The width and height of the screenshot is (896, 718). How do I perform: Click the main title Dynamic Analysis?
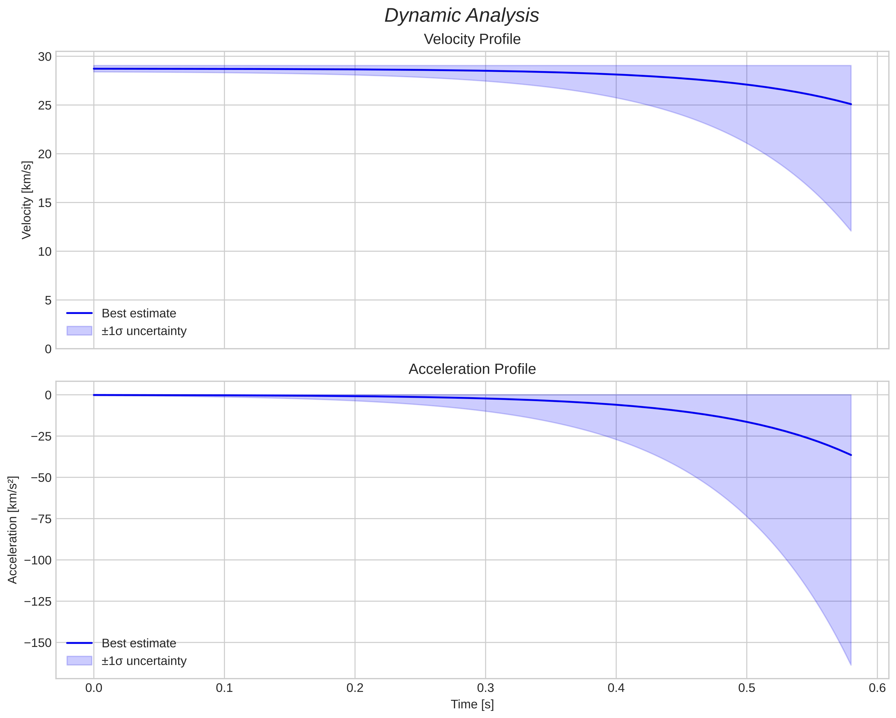coord(462,16)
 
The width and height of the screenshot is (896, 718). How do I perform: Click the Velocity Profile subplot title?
coord(472,39)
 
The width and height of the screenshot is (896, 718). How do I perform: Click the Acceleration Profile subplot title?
coord(472,369)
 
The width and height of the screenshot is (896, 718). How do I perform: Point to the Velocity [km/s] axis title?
coord(27,200)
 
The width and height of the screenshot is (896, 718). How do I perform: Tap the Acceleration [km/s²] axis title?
coord(13,530)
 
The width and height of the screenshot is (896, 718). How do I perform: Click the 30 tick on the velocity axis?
coord(45,57)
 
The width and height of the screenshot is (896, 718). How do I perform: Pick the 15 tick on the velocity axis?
coord(45,203)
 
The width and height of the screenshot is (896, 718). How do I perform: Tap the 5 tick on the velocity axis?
coord(48,300)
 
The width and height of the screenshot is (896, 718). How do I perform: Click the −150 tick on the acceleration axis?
coord(38,643)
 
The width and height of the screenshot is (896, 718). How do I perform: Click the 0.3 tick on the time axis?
coord(485,688)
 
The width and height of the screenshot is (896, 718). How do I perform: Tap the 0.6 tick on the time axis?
coord(877,688)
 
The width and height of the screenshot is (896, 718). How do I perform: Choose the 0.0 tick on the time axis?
coord(94,688)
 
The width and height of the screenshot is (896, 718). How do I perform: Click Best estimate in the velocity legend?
coord(139,313)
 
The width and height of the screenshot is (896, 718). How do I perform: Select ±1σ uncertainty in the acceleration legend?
coord(144,661)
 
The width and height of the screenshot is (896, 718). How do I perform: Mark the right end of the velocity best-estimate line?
coord(851,104)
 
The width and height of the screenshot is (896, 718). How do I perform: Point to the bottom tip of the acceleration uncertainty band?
coord(851,664)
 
